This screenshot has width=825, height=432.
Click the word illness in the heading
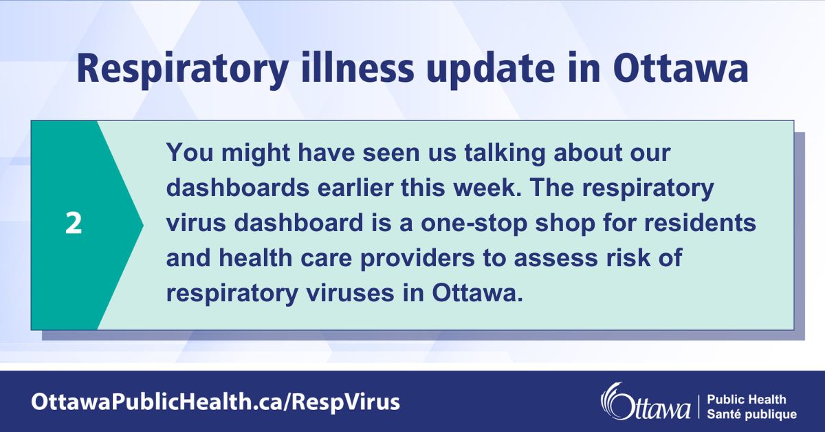point(351,69)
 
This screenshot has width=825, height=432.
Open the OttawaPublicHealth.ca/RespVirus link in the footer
point(214,402)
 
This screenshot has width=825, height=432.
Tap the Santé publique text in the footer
point(751,414)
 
